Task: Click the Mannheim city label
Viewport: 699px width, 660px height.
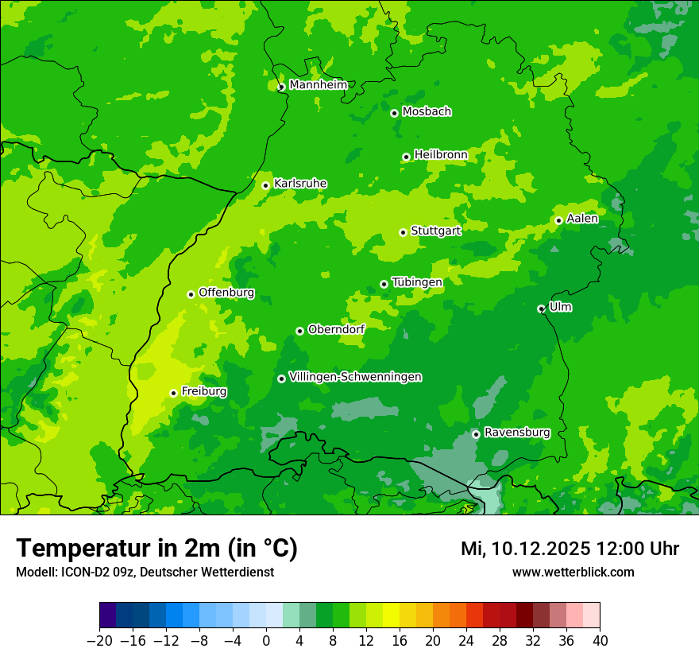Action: pyautogui.click(x=318, y=85)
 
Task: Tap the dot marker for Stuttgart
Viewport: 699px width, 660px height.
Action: pyautogui.click(x=403, y=232)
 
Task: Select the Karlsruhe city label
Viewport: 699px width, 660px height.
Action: pyautogui.click(x=299, y=184)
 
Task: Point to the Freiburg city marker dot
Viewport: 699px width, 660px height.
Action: pyautogui.click(x=173, y=393)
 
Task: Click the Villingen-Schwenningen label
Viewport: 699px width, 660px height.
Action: pyautogui.click(x=355, y=377)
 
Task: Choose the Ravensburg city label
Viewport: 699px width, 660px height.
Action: pyautogui.click(x=516, y=433)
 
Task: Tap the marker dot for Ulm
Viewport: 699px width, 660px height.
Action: pyautogui.click(x=541, y=309)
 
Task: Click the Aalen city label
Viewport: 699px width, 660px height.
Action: pyautogui.click(x=582, y=219)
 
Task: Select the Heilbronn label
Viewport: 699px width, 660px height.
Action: pyautogui.click(x=440, y=155)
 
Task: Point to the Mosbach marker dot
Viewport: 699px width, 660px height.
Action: pyautogui.click(x=394, y=113)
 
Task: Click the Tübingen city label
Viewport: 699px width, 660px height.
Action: pyautogui.click(x=416, y=282)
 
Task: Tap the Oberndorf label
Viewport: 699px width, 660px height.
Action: pyautogui.click(x=336, y=329)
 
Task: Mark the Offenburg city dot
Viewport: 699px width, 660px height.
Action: pyautogui.click(x=191, y=294)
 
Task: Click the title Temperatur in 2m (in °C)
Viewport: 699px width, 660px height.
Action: pyautogui.click(x=156, y=548)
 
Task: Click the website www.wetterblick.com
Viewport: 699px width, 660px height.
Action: pyautogui.click(x=573, y=572)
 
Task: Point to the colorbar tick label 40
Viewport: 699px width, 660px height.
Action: pyautogui.click(x=600, y=641)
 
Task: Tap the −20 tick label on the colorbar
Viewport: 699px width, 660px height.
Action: pyautogui.click(x=99, y=641)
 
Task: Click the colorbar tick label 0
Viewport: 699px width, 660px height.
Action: pyautogui.click(x=266, y=641)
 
